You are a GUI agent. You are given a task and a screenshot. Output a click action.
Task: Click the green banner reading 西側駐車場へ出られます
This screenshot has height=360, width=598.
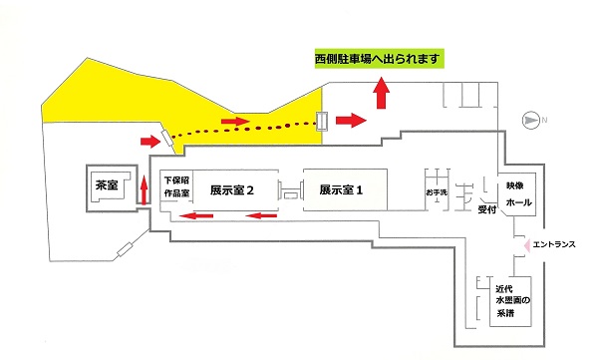pos(377,60)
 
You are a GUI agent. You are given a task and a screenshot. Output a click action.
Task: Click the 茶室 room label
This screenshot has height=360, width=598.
pos(108,185)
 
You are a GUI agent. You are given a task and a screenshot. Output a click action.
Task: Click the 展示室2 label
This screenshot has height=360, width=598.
pos(234,188)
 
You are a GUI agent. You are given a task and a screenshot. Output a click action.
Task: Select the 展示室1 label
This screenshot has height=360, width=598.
pos(342,188)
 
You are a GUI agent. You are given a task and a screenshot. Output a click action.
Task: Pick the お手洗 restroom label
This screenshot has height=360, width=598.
pos(439,190)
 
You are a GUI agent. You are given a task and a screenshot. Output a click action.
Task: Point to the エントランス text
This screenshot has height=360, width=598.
pos(555,243)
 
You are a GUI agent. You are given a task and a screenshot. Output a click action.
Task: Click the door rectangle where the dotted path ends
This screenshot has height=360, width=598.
pos(322,121)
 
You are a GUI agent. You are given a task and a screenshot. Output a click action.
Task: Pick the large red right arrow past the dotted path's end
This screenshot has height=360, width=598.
pos(352,121)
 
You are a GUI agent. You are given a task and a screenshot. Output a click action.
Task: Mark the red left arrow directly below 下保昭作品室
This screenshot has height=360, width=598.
pos(194,214)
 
